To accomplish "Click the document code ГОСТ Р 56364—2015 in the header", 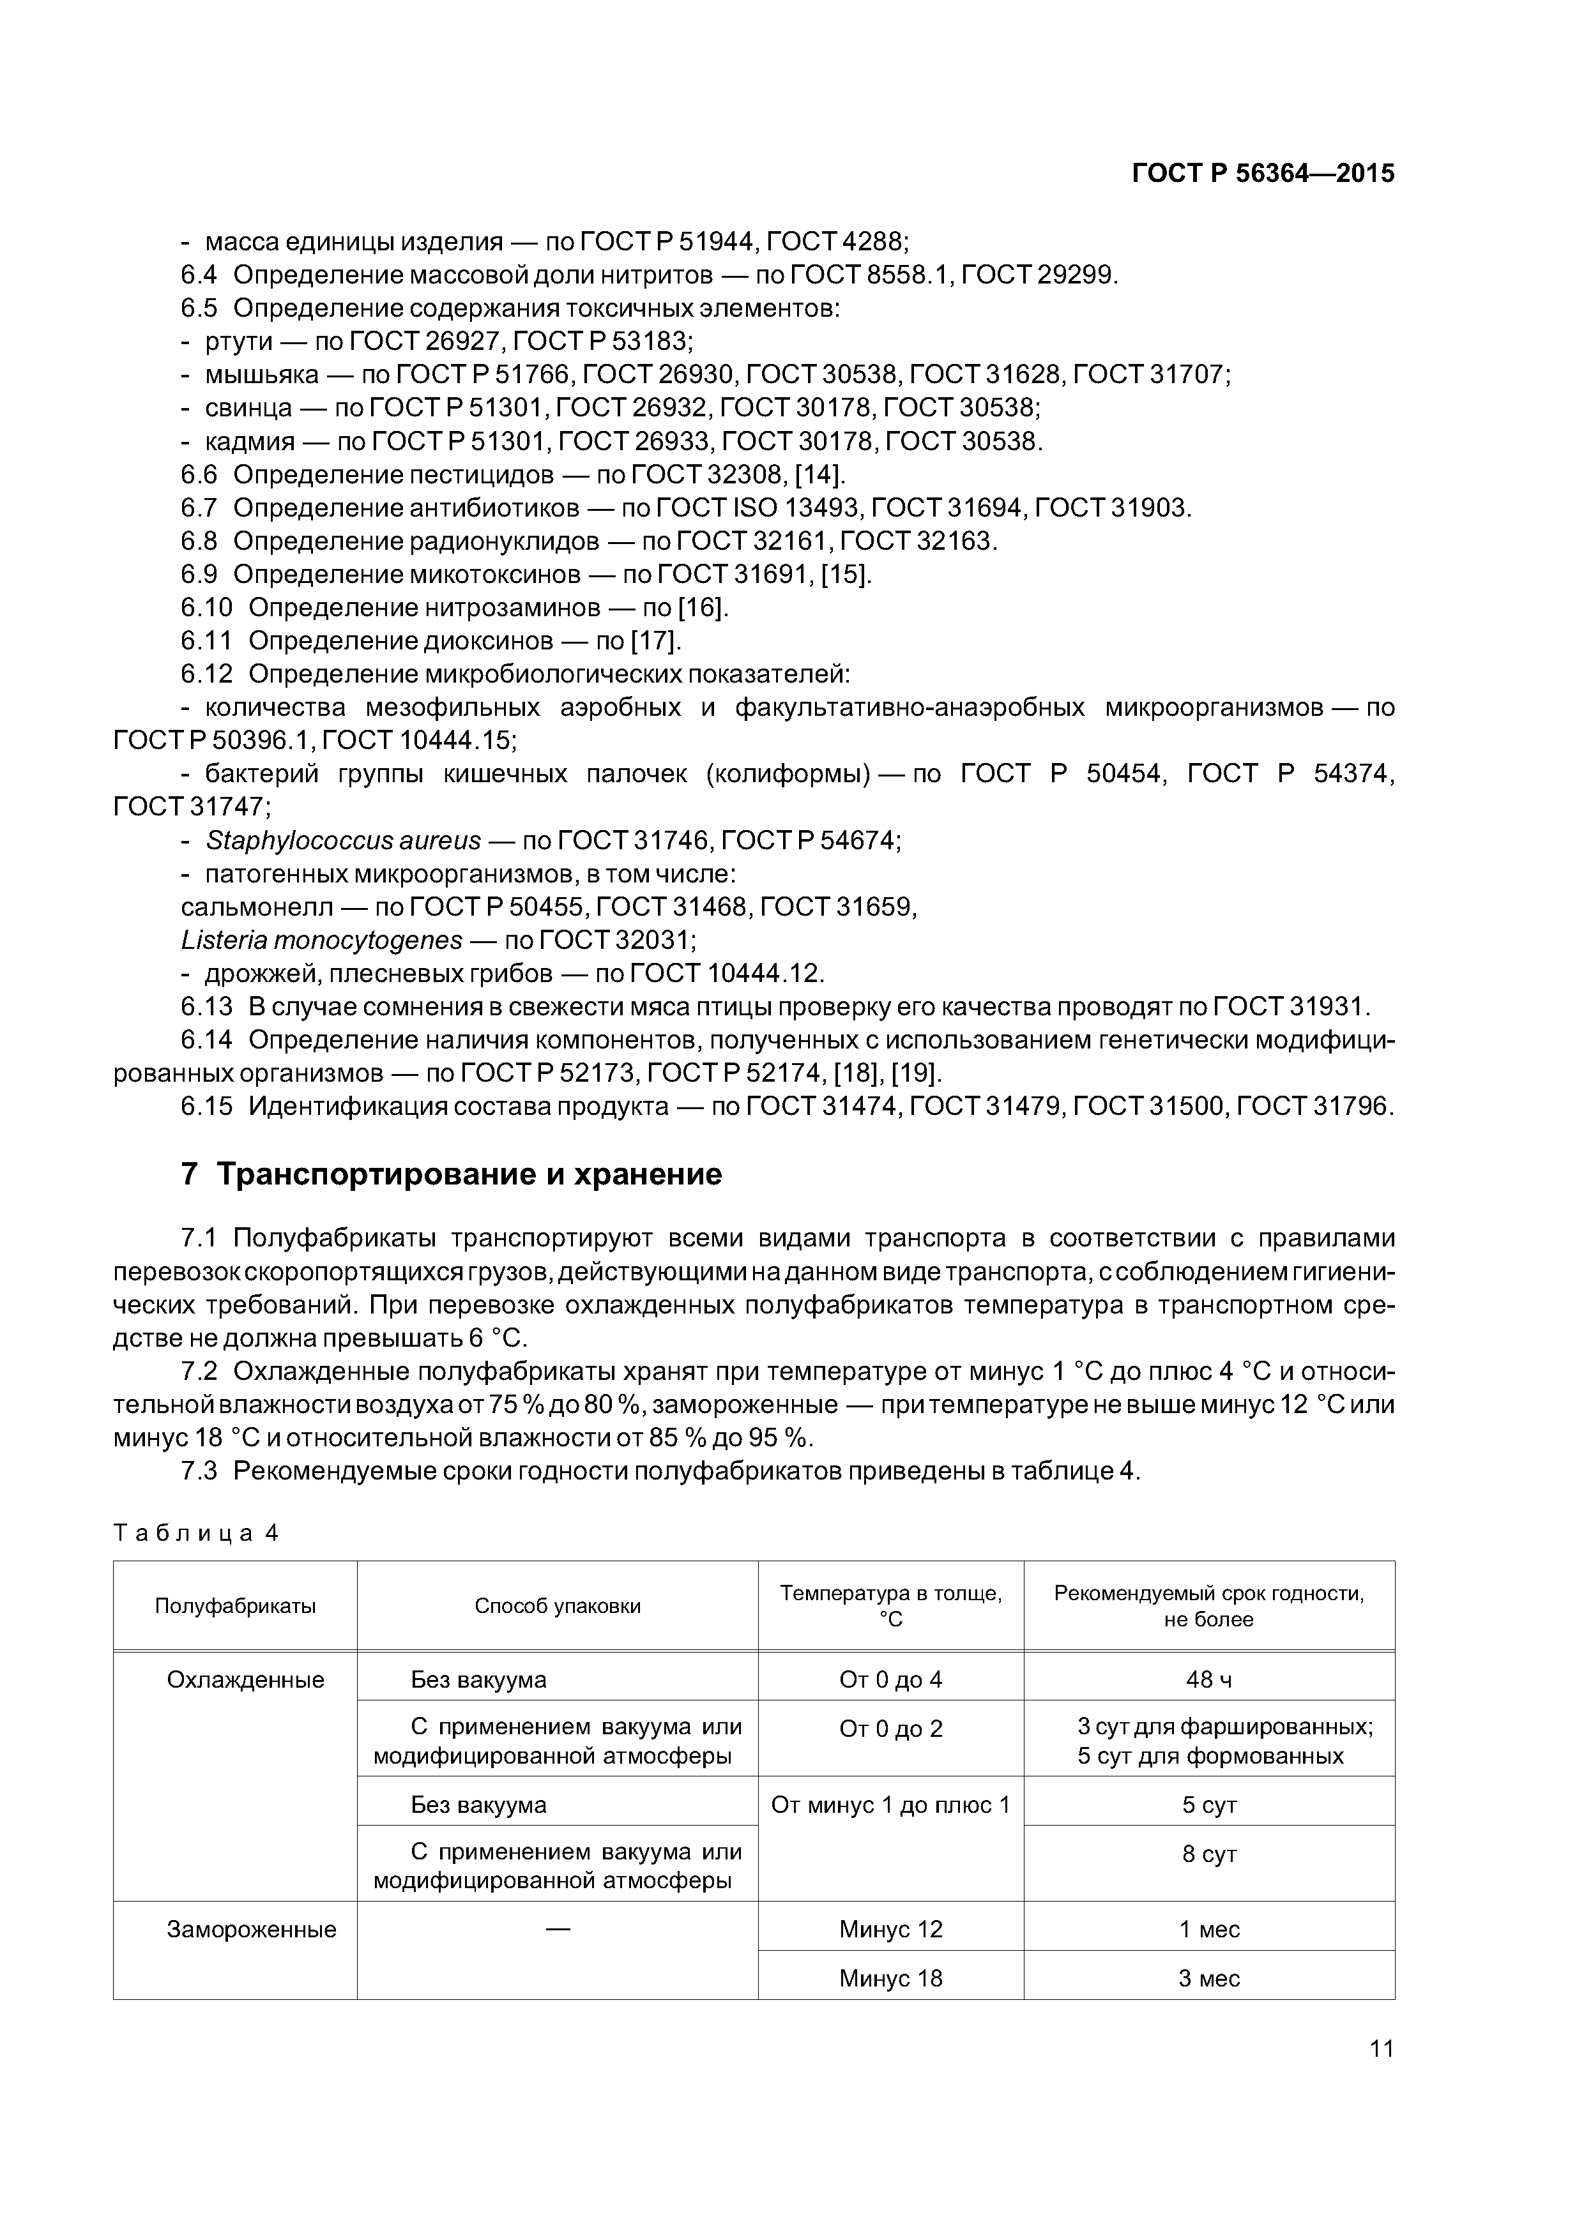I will point(1263,174).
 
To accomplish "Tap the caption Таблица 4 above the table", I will point(196,1532).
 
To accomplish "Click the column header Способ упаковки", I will point(558,1606).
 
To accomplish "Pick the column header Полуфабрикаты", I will point(235,1606).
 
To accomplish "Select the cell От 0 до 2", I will point(890,1729).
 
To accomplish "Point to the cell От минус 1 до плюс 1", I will point(890,1805).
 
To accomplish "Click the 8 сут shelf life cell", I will point(1208,1854).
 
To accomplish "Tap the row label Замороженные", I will point(252,1930).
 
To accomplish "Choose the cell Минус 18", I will point(890,1979).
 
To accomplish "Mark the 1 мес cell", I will point(1208,1930).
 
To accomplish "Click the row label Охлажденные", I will point(245,1680).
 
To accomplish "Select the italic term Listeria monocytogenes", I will point(322,939).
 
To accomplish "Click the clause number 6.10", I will point(206,608).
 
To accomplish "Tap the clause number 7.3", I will point(199,1471).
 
